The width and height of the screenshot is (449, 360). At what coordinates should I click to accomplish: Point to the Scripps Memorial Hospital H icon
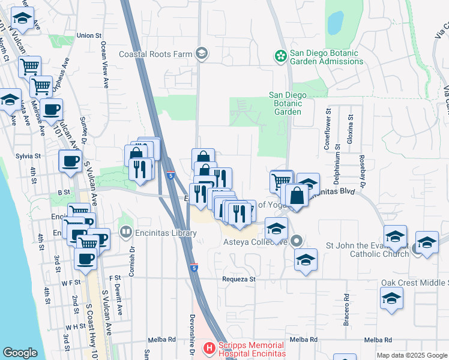click(209, 347)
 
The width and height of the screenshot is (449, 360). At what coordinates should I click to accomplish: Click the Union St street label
click(89, 35)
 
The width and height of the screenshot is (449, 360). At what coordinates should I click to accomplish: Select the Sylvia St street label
click(28, 156)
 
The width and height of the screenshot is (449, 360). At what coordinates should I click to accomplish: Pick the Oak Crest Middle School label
click(414, 283)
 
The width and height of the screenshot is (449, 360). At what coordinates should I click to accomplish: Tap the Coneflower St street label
click(328, 128)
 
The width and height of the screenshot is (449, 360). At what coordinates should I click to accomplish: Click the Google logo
click(20, 353)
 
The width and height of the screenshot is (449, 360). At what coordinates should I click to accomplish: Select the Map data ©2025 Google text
click(412, 355)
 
